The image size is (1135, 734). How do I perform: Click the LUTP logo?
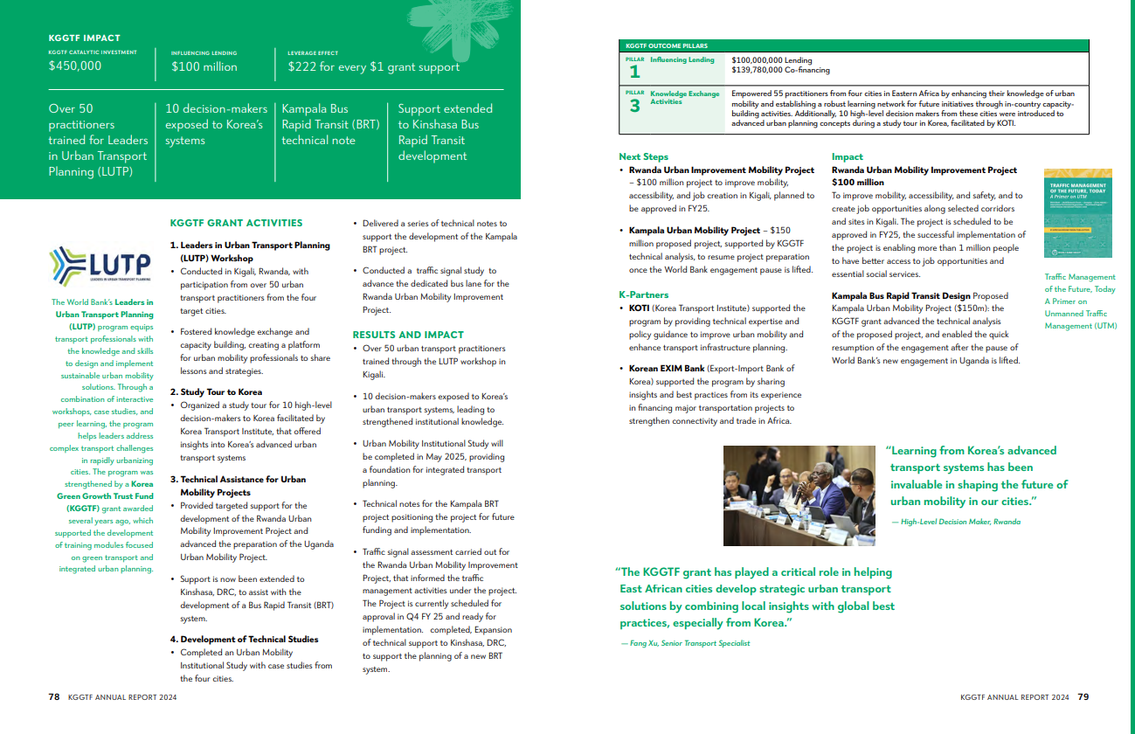[101, 265]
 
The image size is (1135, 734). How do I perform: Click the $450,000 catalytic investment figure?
[75, 66]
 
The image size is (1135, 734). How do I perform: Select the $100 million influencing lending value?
[204, 66]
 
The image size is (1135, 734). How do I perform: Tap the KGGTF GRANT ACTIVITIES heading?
[236, 223]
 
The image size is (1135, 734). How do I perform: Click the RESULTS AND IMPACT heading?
[408, 335]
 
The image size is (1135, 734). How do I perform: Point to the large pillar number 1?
[634, 73]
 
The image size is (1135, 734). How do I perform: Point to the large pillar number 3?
[634, 106]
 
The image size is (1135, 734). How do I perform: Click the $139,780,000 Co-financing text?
[780, 70]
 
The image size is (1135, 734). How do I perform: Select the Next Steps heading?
[643, 157]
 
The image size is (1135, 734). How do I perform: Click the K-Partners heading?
[643, 295]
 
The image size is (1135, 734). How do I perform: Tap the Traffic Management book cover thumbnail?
[1078, 212]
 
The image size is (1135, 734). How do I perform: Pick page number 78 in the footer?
[54, 697]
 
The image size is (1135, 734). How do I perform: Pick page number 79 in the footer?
[1083, 697]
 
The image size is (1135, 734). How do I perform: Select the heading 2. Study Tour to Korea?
[216, 392]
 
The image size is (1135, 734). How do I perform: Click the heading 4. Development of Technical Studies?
[244, 640]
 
